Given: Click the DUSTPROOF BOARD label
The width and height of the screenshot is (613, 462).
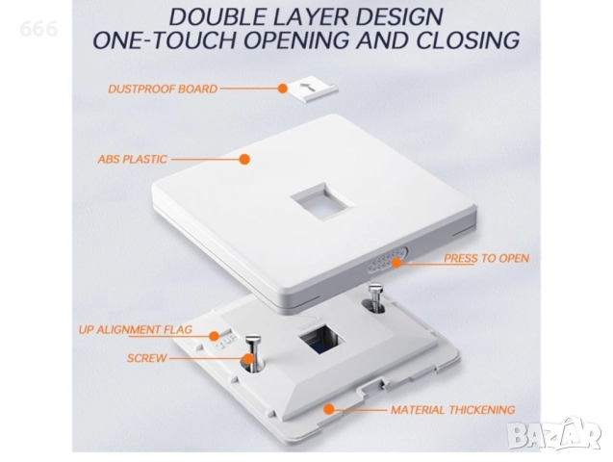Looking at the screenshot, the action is pyautogui.click(x=163, y=90).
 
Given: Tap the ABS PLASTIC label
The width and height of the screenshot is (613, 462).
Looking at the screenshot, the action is pyautogui.click(x=132, y=159).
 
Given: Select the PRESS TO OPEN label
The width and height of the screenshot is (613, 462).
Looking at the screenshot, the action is pyautogui.click(x=486, y=258).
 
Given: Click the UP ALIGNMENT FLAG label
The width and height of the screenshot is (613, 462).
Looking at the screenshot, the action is pyautogui.click(x=136, y=329).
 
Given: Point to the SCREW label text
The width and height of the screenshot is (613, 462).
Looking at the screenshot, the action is pyautogui.click(x=146, y=358).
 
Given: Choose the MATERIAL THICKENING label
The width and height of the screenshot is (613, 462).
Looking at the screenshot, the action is pyautogui.click(x=452, y=410).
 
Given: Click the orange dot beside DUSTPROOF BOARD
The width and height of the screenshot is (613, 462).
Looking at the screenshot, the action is pyautogui.click(x=282, y=89).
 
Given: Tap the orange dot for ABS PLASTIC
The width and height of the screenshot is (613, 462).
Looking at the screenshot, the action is pyautogui.click(x=244, y=159).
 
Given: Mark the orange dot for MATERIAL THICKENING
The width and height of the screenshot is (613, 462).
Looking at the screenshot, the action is pyautogui.click(x=329, y=409).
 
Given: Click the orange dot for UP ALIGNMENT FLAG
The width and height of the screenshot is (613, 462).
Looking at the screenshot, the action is pyautogui.click(x=214, y=336).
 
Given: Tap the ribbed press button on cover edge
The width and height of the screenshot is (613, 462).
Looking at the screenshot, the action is pyautogui.click(x=387, y=260).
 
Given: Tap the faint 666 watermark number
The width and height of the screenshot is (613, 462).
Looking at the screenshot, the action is pyautogui.click(x=38, y=29).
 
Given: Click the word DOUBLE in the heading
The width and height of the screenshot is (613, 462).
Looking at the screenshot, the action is pyautogui.click(x=217, y=16).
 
